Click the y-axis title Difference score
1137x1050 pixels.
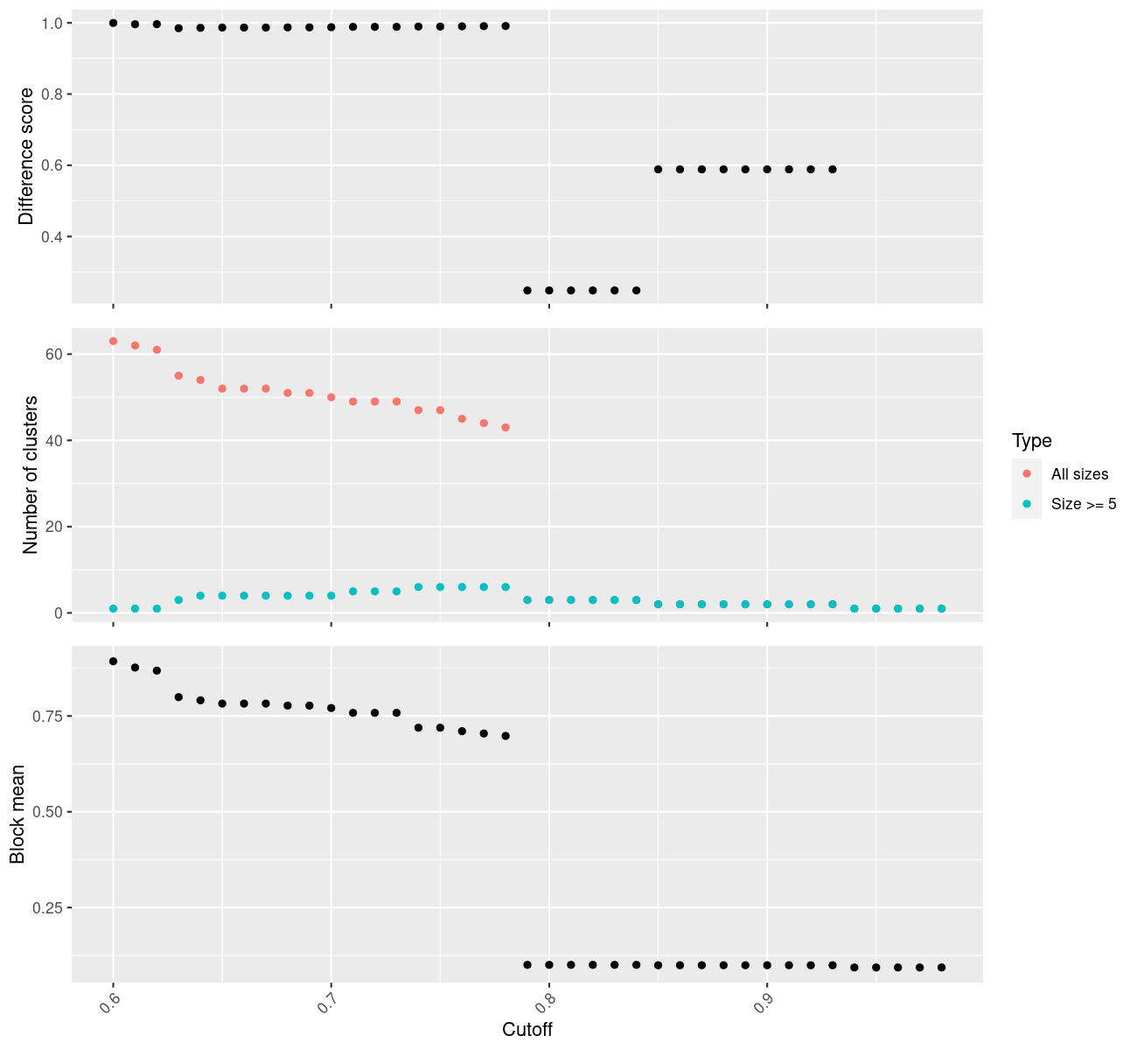click(x=26, y=156)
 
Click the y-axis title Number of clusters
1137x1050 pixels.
click(x=31, y=475)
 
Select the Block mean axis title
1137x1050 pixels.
click(x=17, y=815)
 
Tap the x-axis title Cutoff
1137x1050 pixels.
click(x=527, y=1029)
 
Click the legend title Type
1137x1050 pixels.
click(x=1031, y=440)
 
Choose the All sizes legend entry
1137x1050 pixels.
click(x=1079, y=474)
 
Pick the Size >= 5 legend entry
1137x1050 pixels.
click(x=1084, y=504)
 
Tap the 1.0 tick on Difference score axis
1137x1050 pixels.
click(x=52, y=23)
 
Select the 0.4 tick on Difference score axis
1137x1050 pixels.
click(x=52, y=237)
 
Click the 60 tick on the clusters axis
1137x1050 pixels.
click(x=54, y=354)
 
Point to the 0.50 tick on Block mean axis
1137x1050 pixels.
click(x=49, y=812)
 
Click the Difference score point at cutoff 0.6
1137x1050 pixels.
click(x=113, y=23)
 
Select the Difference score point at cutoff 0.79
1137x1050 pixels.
click(x=527, y=290)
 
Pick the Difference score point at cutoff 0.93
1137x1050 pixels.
click(x=833, y=170)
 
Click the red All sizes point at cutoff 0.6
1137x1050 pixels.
click(x=113, y=341)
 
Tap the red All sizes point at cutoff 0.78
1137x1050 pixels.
click(x=506, y=428)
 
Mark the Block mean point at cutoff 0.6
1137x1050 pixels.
click(x=113, y=661)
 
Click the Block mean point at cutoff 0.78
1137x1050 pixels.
click(x=506, y=736)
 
